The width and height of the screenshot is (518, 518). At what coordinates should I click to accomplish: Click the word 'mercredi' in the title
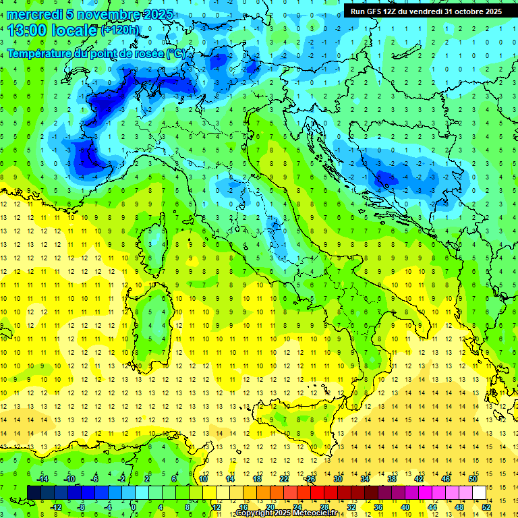click(x=32, y=14)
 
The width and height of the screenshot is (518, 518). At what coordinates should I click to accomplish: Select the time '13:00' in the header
click(x=29, y=30)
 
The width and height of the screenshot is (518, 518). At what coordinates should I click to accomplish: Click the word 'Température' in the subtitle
click(x=37, y=53)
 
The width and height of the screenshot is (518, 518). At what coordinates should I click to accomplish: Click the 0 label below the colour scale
click(x=134, y=507)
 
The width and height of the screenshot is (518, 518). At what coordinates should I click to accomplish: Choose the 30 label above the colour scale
click(x=337, y=479)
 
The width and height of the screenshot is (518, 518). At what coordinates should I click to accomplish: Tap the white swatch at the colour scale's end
click(x=479, y=492)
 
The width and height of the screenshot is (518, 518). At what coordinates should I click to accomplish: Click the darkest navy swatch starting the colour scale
click(x=34, y=492)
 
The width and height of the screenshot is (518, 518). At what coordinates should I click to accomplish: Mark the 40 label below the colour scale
click(x=405, y=507)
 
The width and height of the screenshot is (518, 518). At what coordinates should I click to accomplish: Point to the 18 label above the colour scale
click(x=256, y=479)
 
